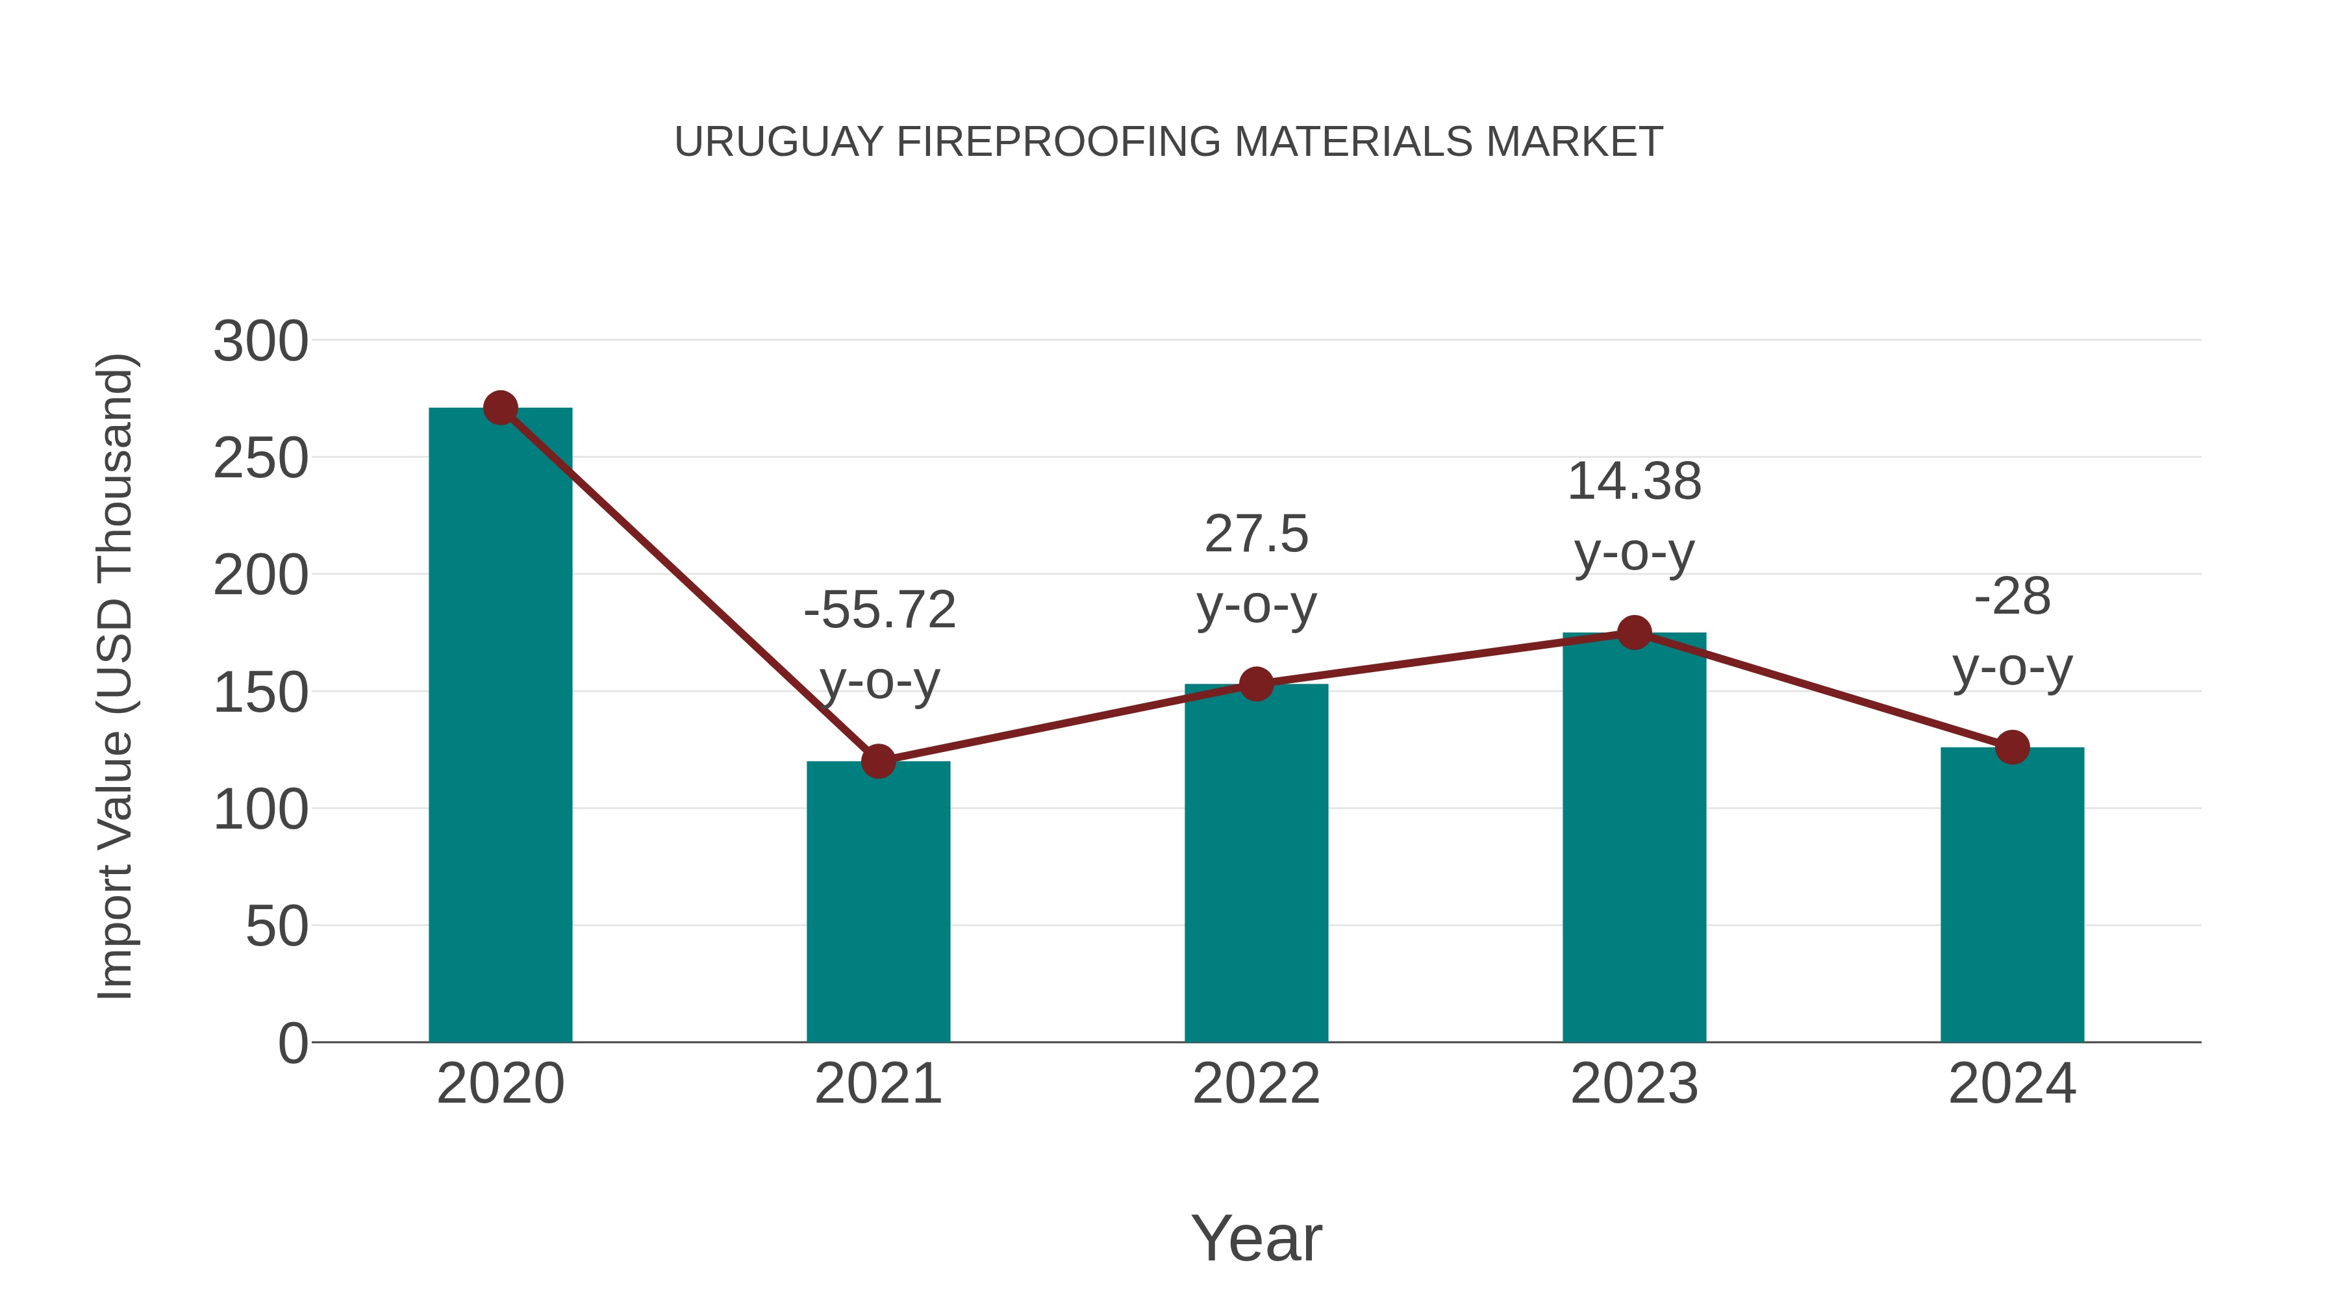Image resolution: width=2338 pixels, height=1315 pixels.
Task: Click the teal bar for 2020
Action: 500,726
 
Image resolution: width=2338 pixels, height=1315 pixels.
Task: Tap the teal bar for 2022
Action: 1256,862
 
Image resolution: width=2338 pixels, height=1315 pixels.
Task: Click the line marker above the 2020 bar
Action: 500,408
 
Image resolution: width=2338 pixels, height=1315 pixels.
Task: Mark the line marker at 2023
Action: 1634,632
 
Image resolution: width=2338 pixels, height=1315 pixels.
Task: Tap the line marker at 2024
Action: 2012,747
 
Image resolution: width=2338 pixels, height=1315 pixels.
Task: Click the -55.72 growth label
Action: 879,609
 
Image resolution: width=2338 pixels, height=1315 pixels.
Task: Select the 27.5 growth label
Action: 1256,534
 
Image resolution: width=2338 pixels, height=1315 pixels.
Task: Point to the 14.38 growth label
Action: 1634,481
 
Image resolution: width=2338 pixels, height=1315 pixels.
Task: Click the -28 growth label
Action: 2012,597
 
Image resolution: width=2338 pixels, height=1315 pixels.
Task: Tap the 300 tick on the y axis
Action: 260,342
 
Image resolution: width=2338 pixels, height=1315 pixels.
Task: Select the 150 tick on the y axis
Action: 260,694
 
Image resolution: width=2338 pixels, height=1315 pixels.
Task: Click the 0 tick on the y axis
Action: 292,1044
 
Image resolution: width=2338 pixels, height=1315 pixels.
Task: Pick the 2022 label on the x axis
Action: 1256,1084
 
